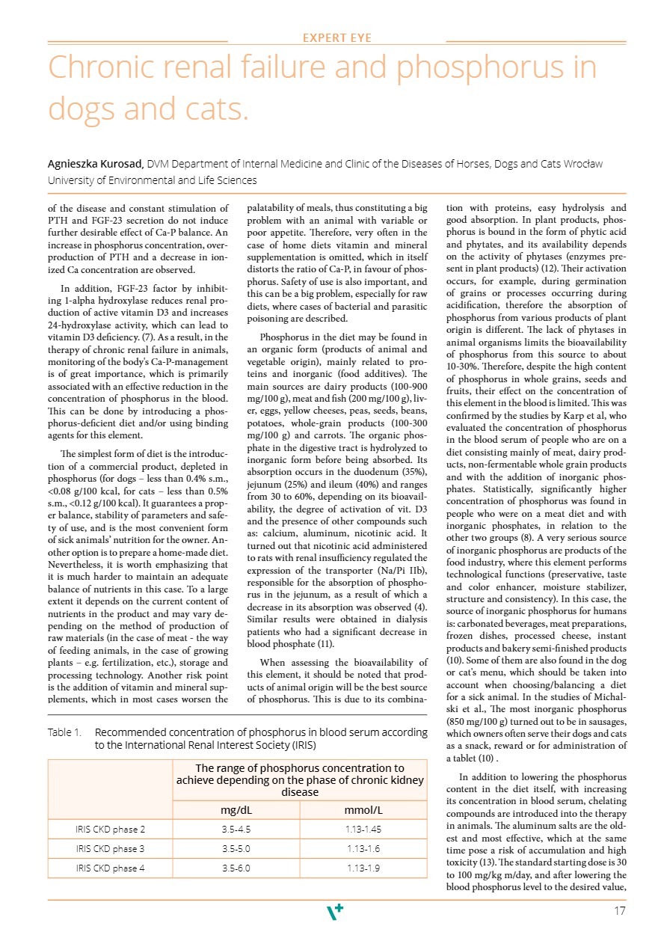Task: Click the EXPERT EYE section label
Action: [336, 38]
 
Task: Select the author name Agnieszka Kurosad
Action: [96, 164]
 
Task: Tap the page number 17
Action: [618, 911]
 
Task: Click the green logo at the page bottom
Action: [336, 912]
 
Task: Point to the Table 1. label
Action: [64, 732]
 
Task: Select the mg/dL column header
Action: [236, 809]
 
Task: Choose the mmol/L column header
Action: [363, 809]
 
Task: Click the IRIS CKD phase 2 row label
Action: [110, 829]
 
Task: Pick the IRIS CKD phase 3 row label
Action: [110, 848]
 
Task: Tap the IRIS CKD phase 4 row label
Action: [110, 868]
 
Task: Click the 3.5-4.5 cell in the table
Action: [236, 829]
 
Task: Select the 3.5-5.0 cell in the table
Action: [236, 848]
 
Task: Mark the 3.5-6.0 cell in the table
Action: [236, 868]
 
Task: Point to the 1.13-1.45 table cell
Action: [363, 829]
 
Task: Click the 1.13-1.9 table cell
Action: [363, 868]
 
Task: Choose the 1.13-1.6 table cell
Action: [363, 848]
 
